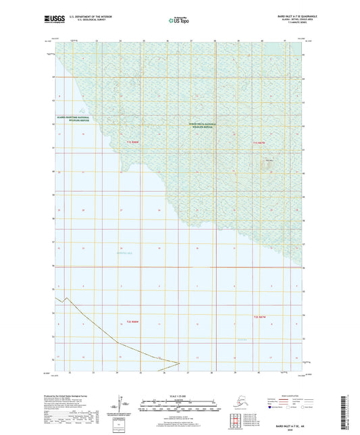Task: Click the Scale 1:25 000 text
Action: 179,395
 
